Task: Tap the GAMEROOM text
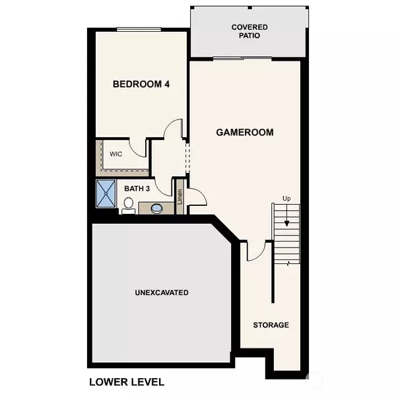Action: click(244, 132)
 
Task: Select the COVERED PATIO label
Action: click(249, 31)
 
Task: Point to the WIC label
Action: click(116, 154)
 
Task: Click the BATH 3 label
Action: click(138, 189)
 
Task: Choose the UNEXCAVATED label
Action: click(162, 292)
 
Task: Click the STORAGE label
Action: click(271, 325)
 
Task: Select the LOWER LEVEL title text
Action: click(126, 381)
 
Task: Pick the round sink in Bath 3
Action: click(158, 209)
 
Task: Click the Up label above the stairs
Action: click(286, 198)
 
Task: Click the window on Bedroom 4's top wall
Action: click(139, 28)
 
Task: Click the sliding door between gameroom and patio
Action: click(243, 59)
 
